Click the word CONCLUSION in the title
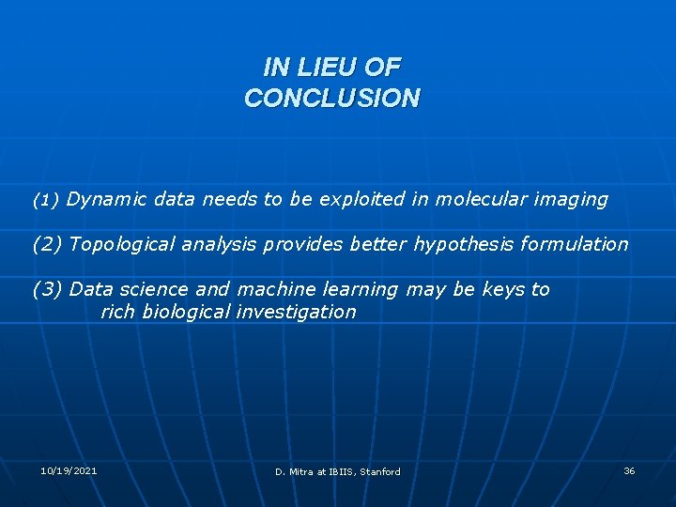[332, 98]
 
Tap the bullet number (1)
[46, 200]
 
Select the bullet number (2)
[47, 244]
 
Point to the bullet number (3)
[47, 289]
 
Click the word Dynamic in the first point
[107, 199]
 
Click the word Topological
[124, 244]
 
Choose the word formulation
[575, 244]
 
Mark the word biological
[185, 312]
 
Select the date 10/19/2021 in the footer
[69, 469]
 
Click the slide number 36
[629, 470]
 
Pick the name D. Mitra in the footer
[294, 471]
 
